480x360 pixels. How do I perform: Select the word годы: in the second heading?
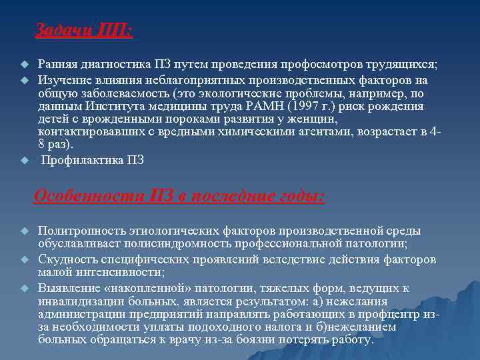(300, 196)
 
